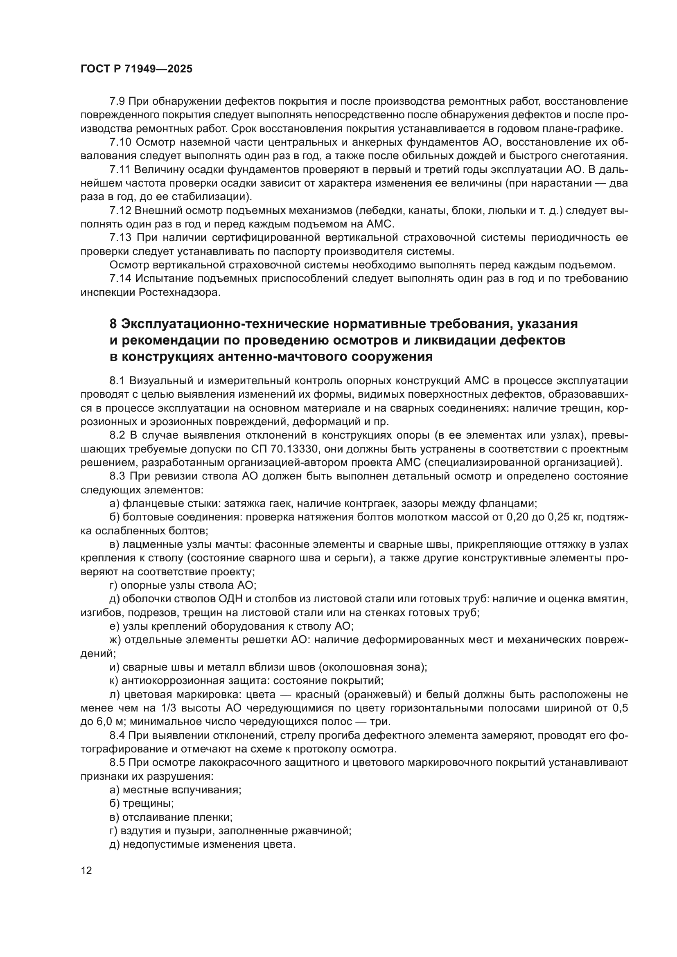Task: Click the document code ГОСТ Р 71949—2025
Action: tap(136, 69)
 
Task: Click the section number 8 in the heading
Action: tap(113, 324)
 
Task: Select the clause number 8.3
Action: tap(118, 476)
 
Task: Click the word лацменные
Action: tap(148, 544)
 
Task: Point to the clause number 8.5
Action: tap(118, 763)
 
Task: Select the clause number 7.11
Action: tap(120, 170)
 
